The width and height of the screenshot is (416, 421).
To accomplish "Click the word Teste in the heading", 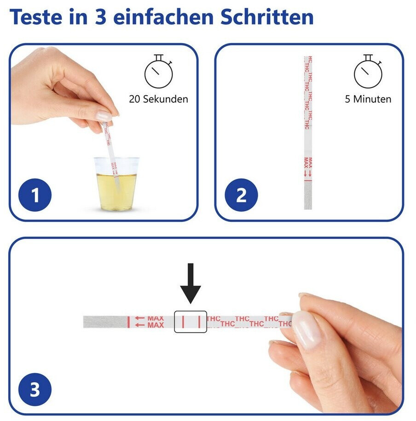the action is click(36, 17).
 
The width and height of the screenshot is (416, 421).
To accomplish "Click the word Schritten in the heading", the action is click(267, 17).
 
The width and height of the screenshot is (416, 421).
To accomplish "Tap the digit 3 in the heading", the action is click(100, 17).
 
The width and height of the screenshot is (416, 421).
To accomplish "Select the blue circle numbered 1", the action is click(35, 195).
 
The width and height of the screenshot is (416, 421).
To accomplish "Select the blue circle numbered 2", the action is click(241, 195).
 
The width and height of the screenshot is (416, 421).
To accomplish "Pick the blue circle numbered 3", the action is click(35, 390).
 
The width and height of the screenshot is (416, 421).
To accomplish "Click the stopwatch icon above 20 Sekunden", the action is click(158, 71).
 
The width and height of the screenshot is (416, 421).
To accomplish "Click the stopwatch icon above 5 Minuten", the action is click(368, 71).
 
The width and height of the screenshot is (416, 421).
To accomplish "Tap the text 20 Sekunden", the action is click(158, 99).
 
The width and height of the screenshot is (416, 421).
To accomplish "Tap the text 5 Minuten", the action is click(368, 99).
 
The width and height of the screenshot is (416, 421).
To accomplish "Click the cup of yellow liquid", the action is click(116, 184).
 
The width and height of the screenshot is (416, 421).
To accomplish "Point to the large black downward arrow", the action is click(191, 283).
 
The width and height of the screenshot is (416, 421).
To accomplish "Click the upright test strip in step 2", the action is click(308, 133).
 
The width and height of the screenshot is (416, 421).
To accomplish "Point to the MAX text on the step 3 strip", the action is click(156, 322).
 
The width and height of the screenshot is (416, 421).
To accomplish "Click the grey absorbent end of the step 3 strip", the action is click(105, 322).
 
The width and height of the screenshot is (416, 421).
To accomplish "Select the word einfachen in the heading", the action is click(163, 17).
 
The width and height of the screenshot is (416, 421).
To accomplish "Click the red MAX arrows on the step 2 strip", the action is click(308, 173).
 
